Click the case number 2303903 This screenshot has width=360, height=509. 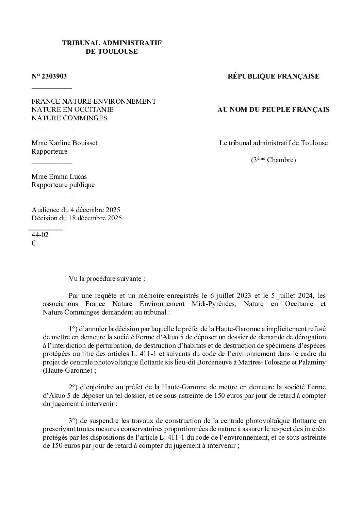(x=54, y=77)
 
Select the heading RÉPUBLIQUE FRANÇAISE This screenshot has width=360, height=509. (x=273, y=77)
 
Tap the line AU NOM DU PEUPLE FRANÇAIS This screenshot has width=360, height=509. (x=273, y=110)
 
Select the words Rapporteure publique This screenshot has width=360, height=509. (x=63, y=185)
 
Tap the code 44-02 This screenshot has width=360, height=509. (x=40, y=235)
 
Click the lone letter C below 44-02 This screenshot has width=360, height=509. (x=34, y=243)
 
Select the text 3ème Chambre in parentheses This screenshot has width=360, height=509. (x=273, y=160)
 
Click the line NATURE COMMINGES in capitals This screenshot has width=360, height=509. (x=69, y=118)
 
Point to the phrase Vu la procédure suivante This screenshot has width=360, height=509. (x=107, y=279)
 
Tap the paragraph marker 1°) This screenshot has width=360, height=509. (x=73, y=329)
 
